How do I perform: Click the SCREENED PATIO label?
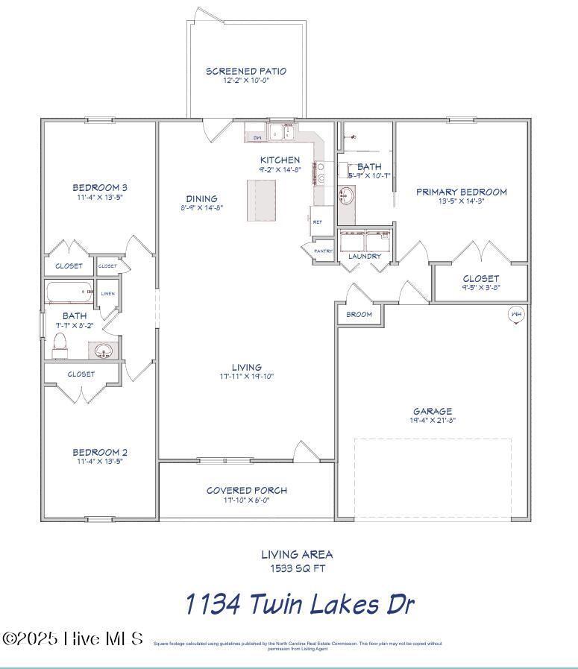246,72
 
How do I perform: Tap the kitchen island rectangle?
266,199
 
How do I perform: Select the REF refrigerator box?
318,222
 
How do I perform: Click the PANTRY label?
323,251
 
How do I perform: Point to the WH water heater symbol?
515,314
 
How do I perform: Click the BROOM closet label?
359,315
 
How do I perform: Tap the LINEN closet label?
108,294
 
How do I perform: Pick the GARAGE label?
433,411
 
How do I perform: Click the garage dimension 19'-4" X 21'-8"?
433,421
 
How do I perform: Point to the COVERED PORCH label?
247,491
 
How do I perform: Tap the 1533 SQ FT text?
297,568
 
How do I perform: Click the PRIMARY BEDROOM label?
461,192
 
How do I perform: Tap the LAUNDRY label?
365,257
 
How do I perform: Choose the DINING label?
201,198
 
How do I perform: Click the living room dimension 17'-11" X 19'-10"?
246,377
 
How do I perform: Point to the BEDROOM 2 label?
100,452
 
